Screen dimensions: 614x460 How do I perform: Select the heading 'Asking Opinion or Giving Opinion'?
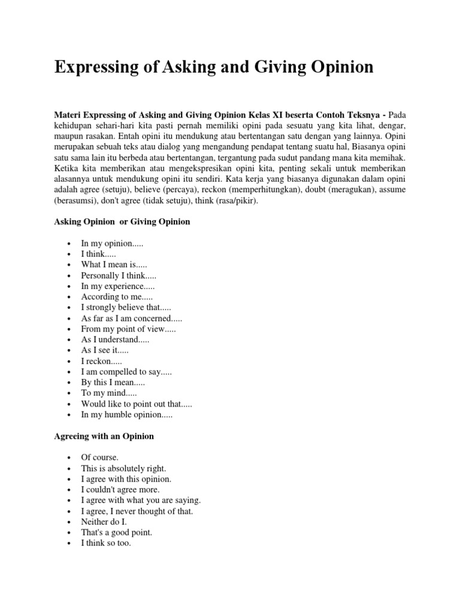click(122, 221)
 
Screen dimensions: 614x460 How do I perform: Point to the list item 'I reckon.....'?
click(101, 362)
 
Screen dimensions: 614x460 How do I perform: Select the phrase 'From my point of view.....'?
click(129, 329)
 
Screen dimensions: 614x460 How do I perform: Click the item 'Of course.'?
click(99, 458)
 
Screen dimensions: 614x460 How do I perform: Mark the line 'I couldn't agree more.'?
click(120, 490)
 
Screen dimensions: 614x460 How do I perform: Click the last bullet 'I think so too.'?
click(106, 543)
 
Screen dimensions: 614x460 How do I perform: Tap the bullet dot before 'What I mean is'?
click(70, 265)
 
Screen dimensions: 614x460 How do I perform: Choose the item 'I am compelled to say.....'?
click(126, 372)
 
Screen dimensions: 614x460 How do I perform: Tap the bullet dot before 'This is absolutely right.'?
click(70, 468)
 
